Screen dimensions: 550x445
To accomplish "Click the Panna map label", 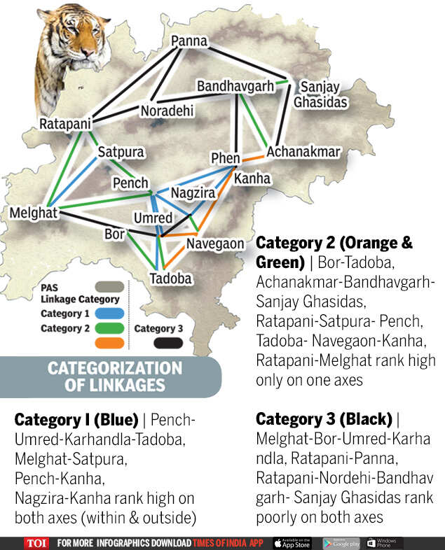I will (189, 42).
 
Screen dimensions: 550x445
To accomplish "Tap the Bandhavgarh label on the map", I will (235, 87).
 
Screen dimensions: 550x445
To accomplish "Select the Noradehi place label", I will (167, 112).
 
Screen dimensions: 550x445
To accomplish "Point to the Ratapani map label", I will (65, 125).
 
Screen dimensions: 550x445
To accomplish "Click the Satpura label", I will (121, 152).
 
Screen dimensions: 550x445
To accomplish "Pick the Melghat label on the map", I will (34, 213).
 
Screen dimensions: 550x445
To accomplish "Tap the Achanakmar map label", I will (303, 152).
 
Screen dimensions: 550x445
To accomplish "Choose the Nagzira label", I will (196, 192).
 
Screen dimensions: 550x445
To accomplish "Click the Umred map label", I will (153, 218).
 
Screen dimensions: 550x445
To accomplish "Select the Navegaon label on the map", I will (215, 244).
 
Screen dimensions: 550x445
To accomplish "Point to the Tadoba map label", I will (170, 278).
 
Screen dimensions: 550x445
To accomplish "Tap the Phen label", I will (226, 159).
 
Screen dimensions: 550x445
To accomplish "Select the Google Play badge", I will (341, 543).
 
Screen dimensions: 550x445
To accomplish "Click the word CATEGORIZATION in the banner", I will (114, 368).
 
